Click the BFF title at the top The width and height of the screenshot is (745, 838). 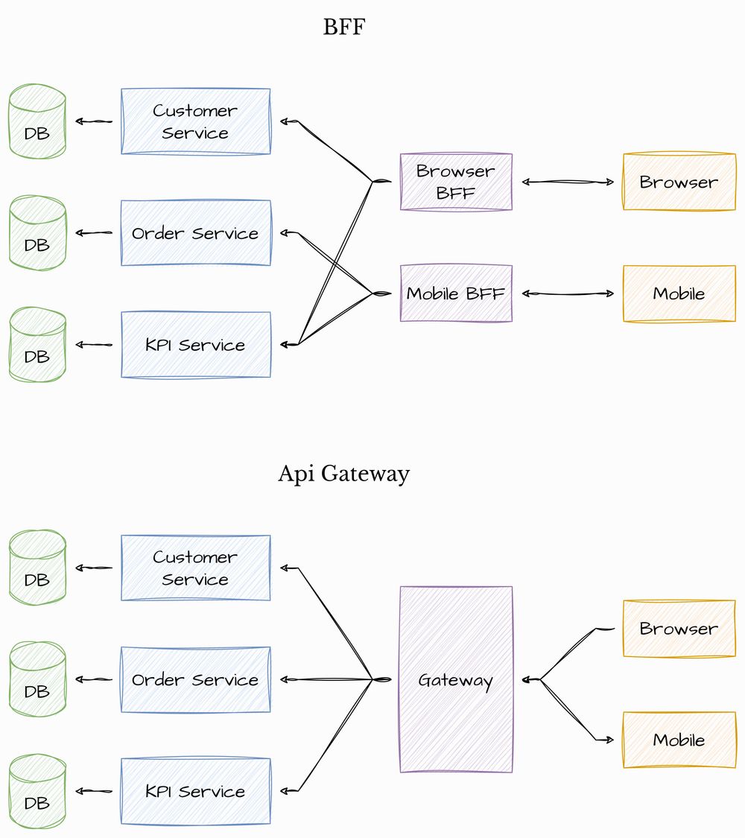[x=345, y=28]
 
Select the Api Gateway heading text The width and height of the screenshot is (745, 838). [x=343, y=474]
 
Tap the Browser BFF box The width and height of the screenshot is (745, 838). [x=456, y=182]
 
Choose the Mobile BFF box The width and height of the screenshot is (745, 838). [x=456, y=293]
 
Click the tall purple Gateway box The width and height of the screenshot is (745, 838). [x=456, y=679]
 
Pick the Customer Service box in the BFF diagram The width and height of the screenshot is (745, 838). [x=196, y=121]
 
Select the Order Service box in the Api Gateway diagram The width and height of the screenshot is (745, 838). [x=196, y=679]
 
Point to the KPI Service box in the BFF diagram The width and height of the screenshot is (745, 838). [x=196, y=345]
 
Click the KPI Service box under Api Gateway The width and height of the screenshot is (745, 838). [x=196, y=791]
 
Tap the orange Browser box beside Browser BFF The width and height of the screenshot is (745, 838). [x=679, y=182]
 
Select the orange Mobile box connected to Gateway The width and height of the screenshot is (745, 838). [x=679, y=740]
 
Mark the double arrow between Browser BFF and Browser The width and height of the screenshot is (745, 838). [x=568, y=182]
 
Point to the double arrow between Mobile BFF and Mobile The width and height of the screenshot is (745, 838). [x=568, y=293]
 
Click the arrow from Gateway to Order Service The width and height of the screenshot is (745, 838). [x=328, y=679]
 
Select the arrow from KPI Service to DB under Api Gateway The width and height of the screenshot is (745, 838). [x=94, y=791]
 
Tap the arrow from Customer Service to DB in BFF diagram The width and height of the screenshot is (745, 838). [x=94, y=121]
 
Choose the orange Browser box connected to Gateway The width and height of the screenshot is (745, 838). [x=679, y=629]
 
